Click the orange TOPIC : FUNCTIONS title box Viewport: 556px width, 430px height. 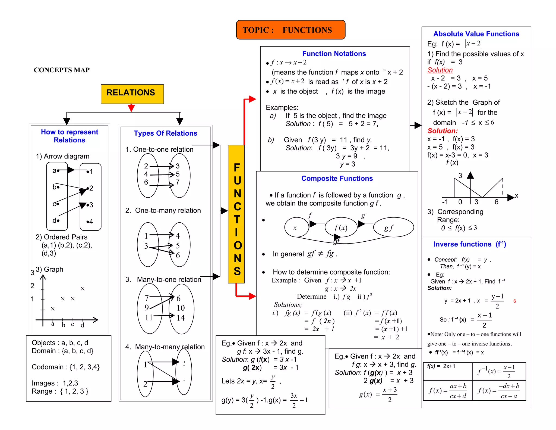click(x=290, y=30)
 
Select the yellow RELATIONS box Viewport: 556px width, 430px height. click(x=132, y=94)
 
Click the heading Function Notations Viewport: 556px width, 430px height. click(x=334, y=54)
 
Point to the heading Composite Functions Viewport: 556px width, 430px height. click(x=337, y=178)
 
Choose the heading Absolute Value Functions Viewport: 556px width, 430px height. click(x=476, y=34)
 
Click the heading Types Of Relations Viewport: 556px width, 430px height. click(x=165, y=133)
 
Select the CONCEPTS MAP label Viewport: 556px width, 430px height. click(x=62, y=70)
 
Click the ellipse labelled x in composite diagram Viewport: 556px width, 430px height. click(x=296, y=228)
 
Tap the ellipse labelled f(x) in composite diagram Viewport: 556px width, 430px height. click(x=341, y=228)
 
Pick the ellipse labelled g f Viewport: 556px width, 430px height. click(x=393, y=228)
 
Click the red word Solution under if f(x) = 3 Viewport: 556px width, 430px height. click(x=440, y=70)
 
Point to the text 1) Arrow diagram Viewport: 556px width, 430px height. click(x=62, y=156)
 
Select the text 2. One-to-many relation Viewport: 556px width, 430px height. click(x=163, y=210)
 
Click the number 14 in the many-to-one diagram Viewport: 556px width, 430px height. click(x=181, y=318)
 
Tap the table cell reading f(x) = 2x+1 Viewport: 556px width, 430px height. click(x=447, y=371)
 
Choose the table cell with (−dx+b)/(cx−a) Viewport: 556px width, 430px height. click(x=499, y=391)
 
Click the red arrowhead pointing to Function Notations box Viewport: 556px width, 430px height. click(x=252, y=99)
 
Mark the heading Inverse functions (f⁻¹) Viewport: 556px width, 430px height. click(x=470, y=244)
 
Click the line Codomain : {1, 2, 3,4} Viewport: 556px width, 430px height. click(x=66, y=367)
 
